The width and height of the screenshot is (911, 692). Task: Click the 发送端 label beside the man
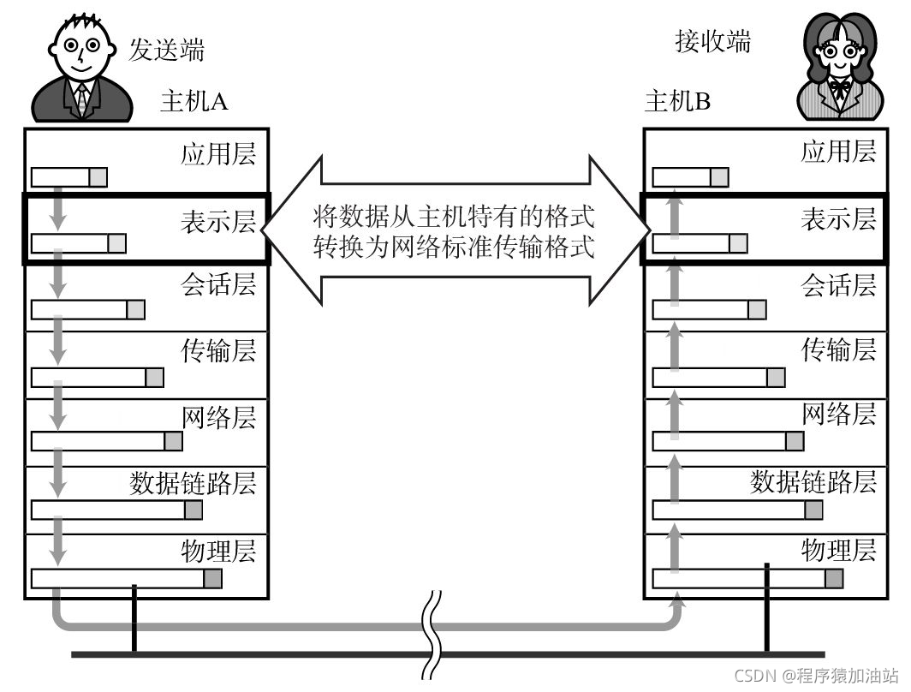[x=167, y=49]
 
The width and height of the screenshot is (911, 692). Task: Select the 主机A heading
[x=194, y=102]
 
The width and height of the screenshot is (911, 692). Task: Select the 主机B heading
[x=677, y=102]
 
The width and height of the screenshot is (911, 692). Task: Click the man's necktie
[x=82, y=99]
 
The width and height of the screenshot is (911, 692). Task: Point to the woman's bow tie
[x=838, y=88]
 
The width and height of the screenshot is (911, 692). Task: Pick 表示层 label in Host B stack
[x=838, y=219]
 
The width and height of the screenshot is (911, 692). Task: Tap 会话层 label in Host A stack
[x=218, y=284]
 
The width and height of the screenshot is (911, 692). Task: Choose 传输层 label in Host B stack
[x=838, y=349]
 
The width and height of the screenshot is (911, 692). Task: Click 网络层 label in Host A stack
[x=218, y=416]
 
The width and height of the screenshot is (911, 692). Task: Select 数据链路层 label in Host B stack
[x=813, y=481]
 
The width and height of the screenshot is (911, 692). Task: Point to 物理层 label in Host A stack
[x=218, y=549]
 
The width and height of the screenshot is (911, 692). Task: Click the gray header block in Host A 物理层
[x=212, y=578]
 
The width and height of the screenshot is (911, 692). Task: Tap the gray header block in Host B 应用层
[x=719, y=177]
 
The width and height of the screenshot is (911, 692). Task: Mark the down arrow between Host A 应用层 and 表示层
[x=57, y=210]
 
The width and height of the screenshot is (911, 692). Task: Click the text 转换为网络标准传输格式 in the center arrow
[x=453, y=248]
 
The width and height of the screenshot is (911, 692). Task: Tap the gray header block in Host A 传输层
[x=154, y=377]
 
